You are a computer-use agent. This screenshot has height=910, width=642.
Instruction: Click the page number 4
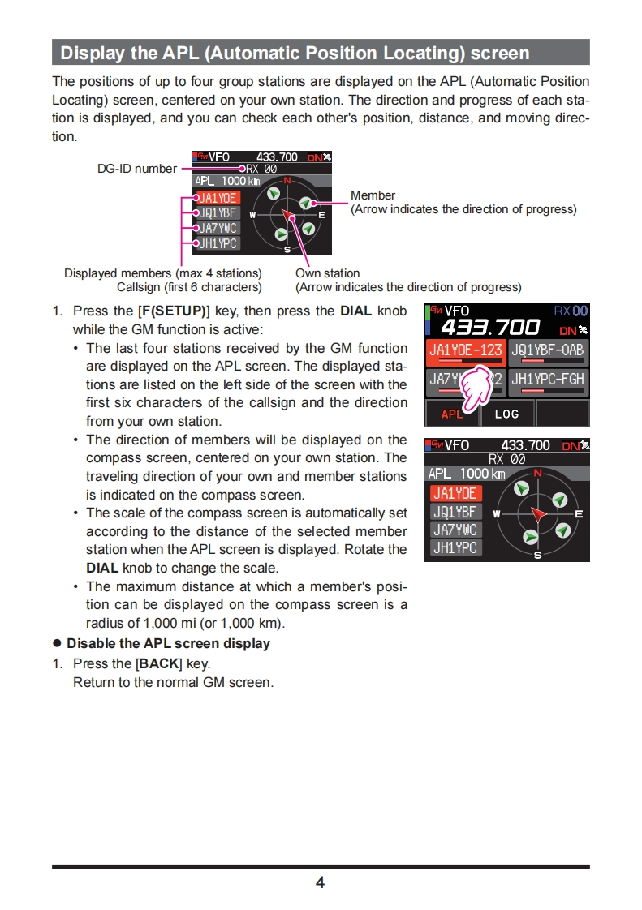point(320,882)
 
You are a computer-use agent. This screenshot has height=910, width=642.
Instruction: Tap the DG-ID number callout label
point(136,169)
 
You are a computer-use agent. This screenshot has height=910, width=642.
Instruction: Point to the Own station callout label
point(327,273)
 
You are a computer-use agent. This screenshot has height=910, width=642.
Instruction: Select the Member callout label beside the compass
point(373,195)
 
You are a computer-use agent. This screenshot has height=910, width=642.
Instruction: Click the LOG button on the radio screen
point(506,414)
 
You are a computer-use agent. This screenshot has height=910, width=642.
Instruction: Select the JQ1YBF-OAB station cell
point(548,353)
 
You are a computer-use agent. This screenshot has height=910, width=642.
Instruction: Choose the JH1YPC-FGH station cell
point(548,380)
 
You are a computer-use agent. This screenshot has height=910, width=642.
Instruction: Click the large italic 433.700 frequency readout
point(490,328)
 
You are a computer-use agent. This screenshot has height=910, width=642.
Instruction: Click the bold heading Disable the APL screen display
point(168,643)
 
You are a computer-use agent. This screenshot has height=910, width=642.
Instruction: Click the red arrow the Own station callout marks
point(288,215)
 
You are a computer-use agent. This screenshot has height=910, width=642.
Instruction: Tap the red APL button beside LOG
point(452,414)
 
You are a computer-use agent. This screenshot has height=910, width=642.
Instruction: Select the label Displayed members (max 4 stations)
point(163,273)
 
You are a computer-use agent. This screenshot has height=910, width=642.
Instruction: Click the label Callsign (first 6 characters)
point(189,287)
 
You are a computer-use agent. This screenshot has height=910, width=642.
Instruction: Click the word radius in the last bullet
point(105,623)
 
